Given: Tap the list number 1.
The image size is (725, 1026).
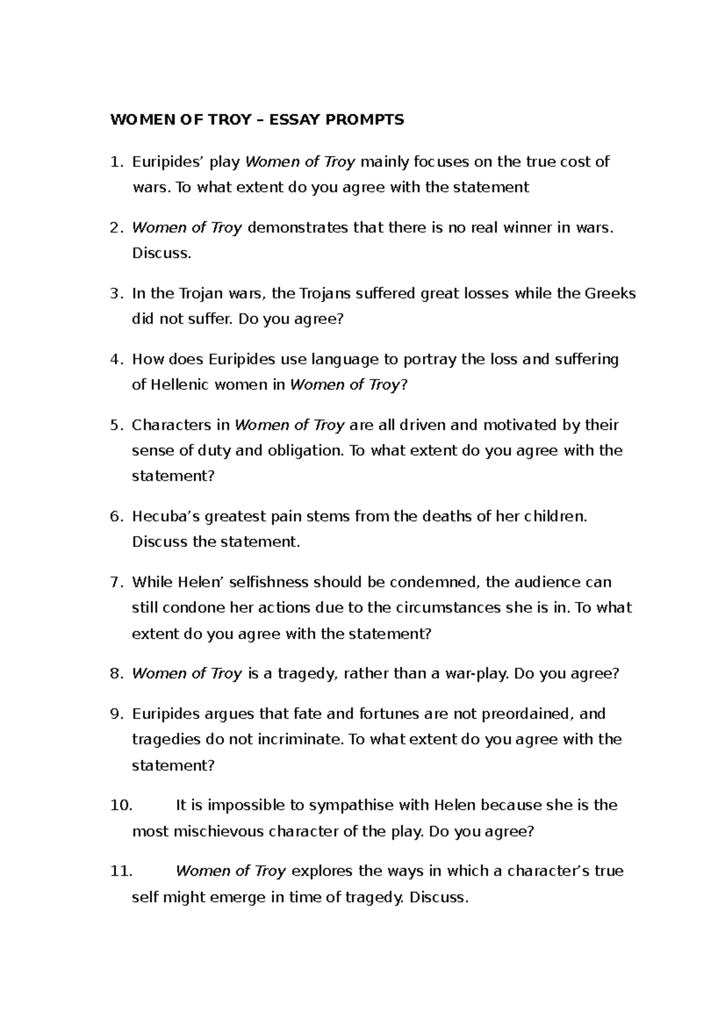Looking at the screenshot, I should (116, 162).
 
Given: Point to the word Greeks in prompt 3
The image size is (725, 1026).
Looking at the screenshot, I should (610, 294).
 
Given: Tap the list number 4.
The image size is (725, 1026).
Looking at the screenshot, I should (116, 360).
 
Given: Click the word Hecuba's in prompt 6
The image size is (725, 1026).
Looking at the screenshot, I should (166, 517).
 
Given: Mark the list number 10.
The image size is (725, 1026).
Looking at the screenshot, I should (121, 805).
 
